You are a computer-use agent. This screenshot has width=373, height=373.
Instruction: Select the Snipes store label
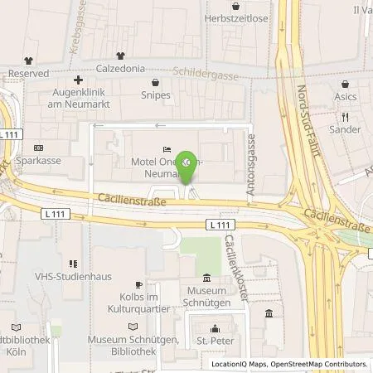tap(156, 94)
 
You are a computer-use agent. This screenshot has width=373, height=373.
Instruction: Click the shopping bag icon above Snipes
tap(156, 82)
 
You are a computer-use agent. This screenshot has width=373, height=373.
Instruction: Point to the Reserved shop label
tap(27, 72)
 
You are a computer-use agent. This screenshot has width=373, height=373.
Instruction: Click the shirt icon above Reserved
tap(28, 60)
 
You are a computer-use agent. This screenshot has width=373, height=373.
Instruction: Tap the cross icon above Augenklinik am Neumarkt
tap(78, 80)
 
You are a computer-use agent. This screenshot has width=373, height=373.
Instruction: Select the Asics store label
tap(345, 97)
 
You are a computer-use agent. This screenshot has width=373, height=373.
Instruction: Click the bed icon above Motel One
tap(167, 149)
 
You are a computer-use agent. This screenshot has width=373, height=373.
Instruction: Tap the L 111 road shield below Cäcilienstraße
tap(219, 225)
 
